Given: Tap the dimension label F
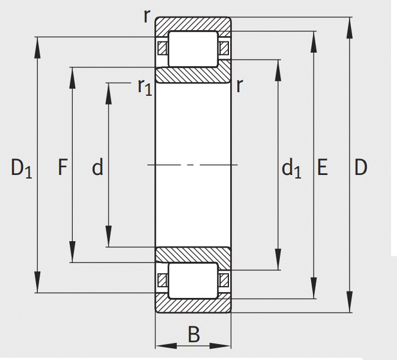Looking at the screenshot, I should coord(63,168).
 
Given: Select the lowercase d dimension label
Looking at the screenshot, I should coord(97,168).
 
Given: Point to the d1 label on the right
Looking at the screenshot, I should coord(291,169).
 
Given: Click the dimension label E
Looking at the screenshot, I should coord(322,168).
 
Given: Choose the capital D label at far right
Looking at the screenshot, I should coord(360,168).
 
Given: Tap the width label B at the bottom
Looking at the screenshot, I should coord(193,335).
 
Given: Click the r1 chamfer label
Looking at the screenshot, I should coord(144,87).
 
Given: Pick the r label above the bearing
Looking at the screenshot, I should coord(146,15).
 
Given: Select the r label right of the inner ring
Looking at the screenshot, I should coord(239,86).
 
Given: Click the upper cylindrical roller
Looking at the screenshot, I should coord(193,49).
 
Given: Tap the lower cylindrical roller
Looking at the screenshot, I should coord(193,280).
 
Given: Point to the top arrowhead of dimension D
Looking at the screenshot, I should coord(350,23).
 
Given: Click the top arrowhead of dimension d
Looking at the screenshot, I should coord(109,89).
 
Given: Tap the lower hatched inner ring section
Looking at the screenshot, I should coord(193,254).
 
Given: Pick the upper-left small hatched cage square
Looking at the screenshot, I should coord(162,48).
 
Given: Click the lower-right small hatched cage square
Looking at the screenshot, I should coord(224,280).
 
